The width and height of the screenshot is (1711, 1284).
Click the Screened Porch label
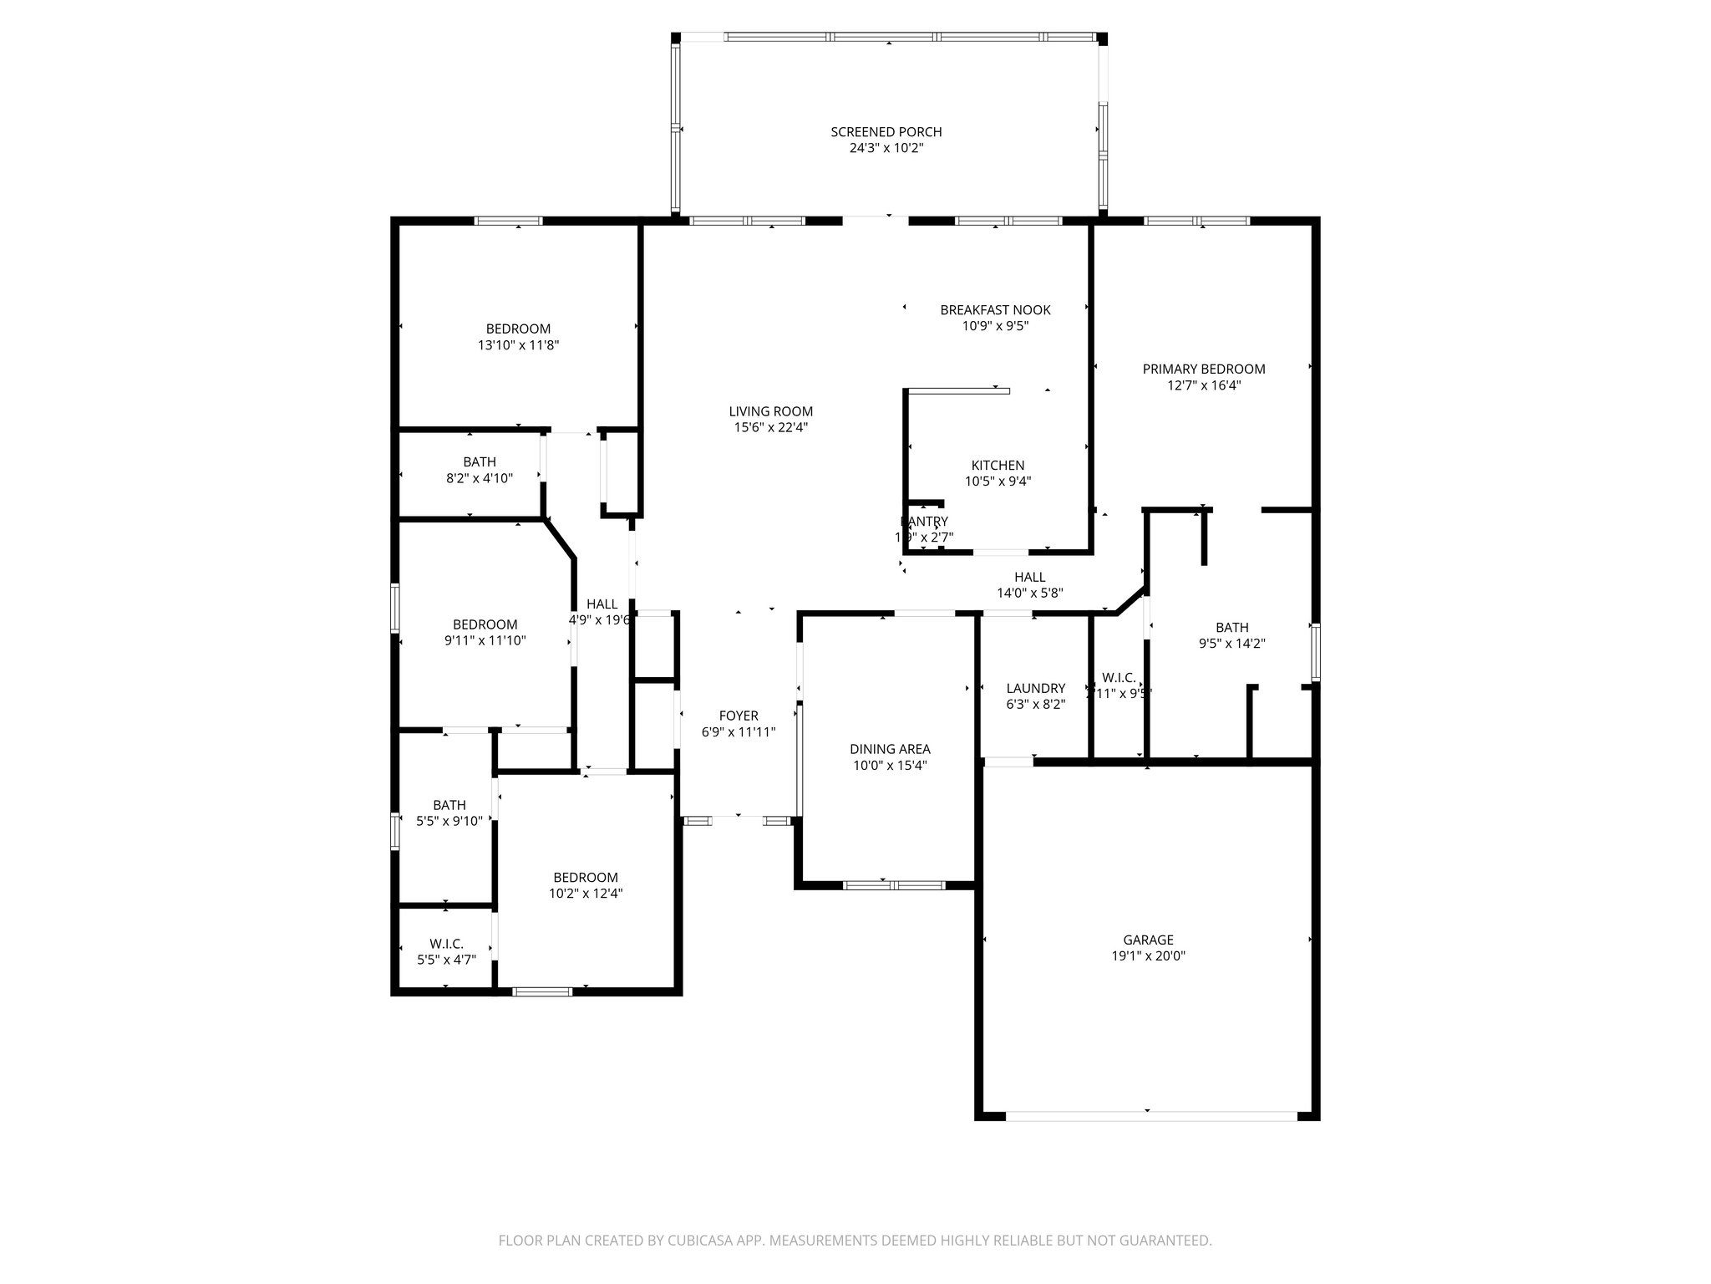pos(886,132)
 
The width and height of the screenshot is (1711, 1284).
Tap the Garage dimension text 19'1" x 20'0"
pos(1148,956)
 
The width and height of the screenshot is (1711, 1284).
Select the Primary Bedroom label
pos(1203,369)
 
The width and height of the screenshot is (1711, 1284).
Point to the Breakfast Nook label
pos(995,310)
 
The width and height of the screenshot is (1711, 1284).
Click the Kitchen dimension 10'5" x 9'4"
pos(998,481)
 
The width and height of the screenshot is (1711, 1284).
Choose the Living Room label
pos(770,411)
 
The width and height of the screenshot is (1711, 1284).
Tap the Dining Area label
pos(890,749)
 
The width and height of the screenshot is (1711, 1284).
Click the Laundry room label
pos(1035,688)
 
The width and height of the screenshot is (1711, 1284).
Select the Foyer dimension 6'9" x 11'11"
pos(739,732)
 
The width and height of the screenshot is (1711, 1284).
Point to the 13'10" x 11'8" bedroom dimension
pos(518,344)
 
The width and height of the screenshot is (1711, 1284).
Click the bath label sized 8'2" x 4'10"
pos(479,462)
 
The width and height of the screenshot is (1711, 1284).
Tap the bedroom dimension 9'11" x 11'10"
pos(485,641)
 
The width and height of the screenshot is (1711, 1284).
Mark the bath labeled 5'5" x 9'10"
pos(449,805)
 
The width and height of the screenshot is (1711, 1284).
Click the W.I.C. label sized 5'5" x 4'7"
pos(446,944)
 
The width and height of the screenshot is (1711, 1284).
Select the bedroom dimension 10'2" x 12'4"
pos(585,894)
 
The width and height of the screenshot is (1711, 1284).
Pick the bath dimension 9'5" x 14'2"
pos(1231,644)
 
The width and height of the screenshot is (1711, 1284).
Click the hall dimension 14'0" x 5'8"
pos(1029,594)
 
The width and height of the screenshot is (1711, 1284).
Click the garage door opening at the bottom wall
pos(1150,1116)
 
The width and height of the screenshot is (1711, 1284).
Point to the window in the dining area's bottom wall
pos(893,885)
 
